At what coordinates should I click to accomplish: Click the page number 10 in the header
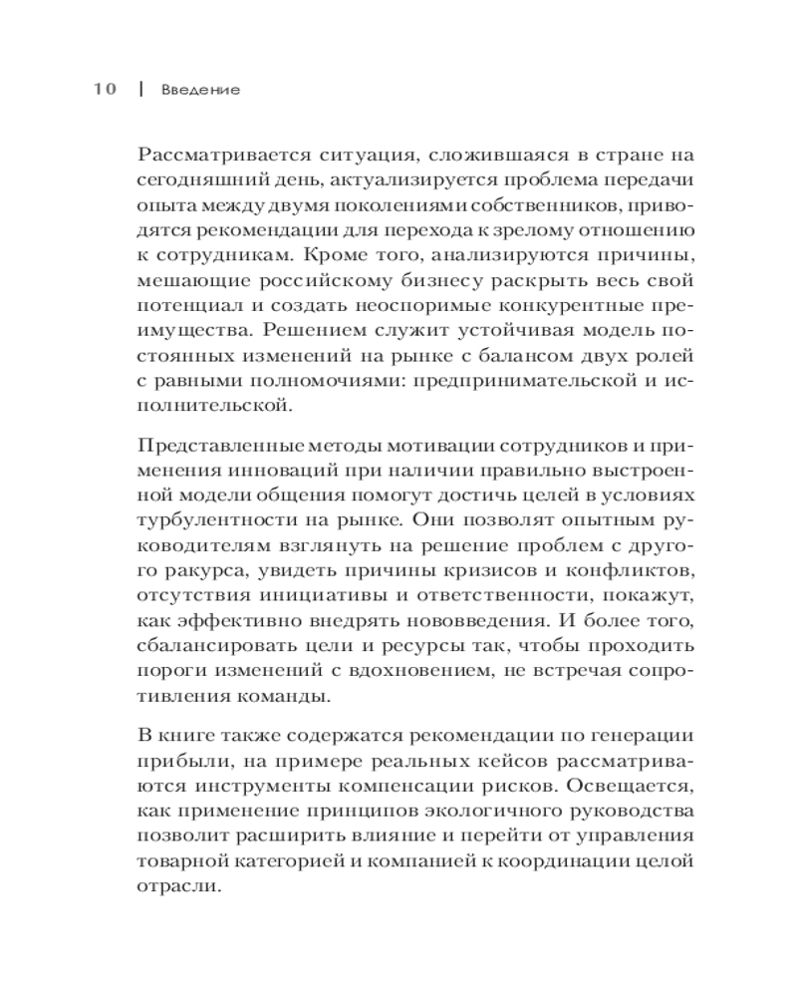[x=105, y=89]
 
